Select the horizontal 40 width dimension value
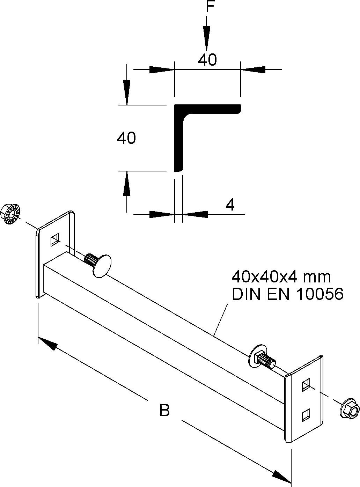(x=207, y=60)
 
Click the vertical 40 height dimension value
(x=126, y=138)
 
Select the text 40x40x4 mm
(x=281, y=277)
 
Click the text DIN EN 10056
(x=288, y=294)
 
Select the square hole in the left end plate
(x=55, y=241)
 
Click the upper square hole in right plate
(x=306, y=385)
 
